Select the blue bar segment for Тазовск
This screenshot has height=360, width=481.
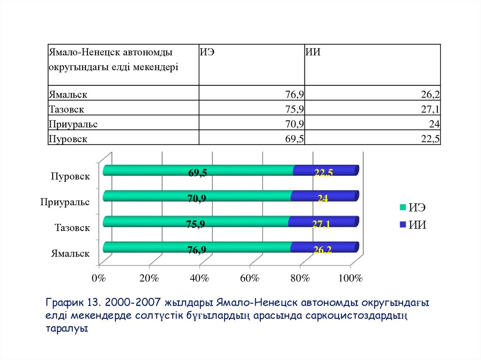(x=323, y=221)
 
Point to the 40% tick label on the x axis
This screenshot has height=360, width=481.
(x=199, y=278)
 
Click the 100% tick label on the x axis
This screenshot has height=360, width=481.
(x=350, y=278)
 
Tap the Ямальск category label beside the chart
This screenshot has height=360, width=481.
(x=70, y=253)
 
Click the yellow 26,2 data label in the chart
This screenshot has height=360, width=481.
(x=323, y=250)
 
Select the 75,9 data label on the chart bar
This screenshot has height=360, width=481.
(x=195, y=224)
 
